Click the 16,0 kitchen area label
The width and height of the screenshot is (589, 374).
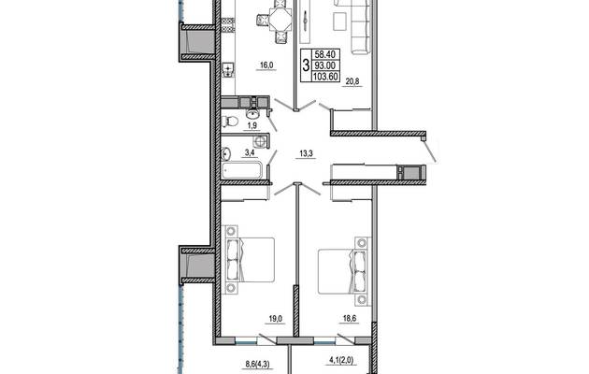[266, 65]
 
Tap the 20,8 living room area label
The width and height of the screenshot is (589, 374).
[352, 81]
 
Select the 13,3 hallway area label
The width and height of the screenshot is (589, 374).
[307, 152]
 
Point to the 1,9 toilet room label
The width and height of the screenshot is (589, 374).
[252, 126]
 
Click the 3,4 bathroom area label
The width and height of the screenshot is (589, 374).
[250, 152]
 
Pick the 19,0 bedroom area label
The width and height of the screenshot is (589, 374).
[276, 319]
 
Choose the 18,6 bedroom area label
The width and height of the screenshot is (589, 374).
[350, 319]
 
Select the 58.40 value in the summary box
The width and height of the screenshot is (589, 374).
[325, 55]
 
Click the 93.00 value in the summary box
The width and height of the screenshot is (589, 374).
[325, 65]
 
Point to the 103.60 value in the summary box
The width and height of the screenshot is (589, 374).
[325, 77]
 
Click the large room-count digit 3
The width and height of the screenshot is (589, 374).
[306, 65]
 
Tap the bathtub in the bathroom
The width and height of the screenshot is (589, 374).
[241, 170]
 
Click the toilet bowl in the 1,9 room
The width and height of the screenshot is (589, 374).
[230, 122]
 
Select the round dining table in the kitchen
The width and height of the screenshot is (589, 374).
[280, 20]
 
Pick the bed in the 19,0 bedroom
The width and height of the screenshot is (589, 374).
[250, 260]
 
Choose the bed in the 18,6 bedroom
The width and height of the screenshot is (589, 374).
[342, 271]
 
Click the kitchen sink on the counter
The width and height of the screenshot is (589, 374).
[227, 70]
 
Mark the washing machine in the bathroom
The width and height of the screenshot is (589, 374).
[259, 141]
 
